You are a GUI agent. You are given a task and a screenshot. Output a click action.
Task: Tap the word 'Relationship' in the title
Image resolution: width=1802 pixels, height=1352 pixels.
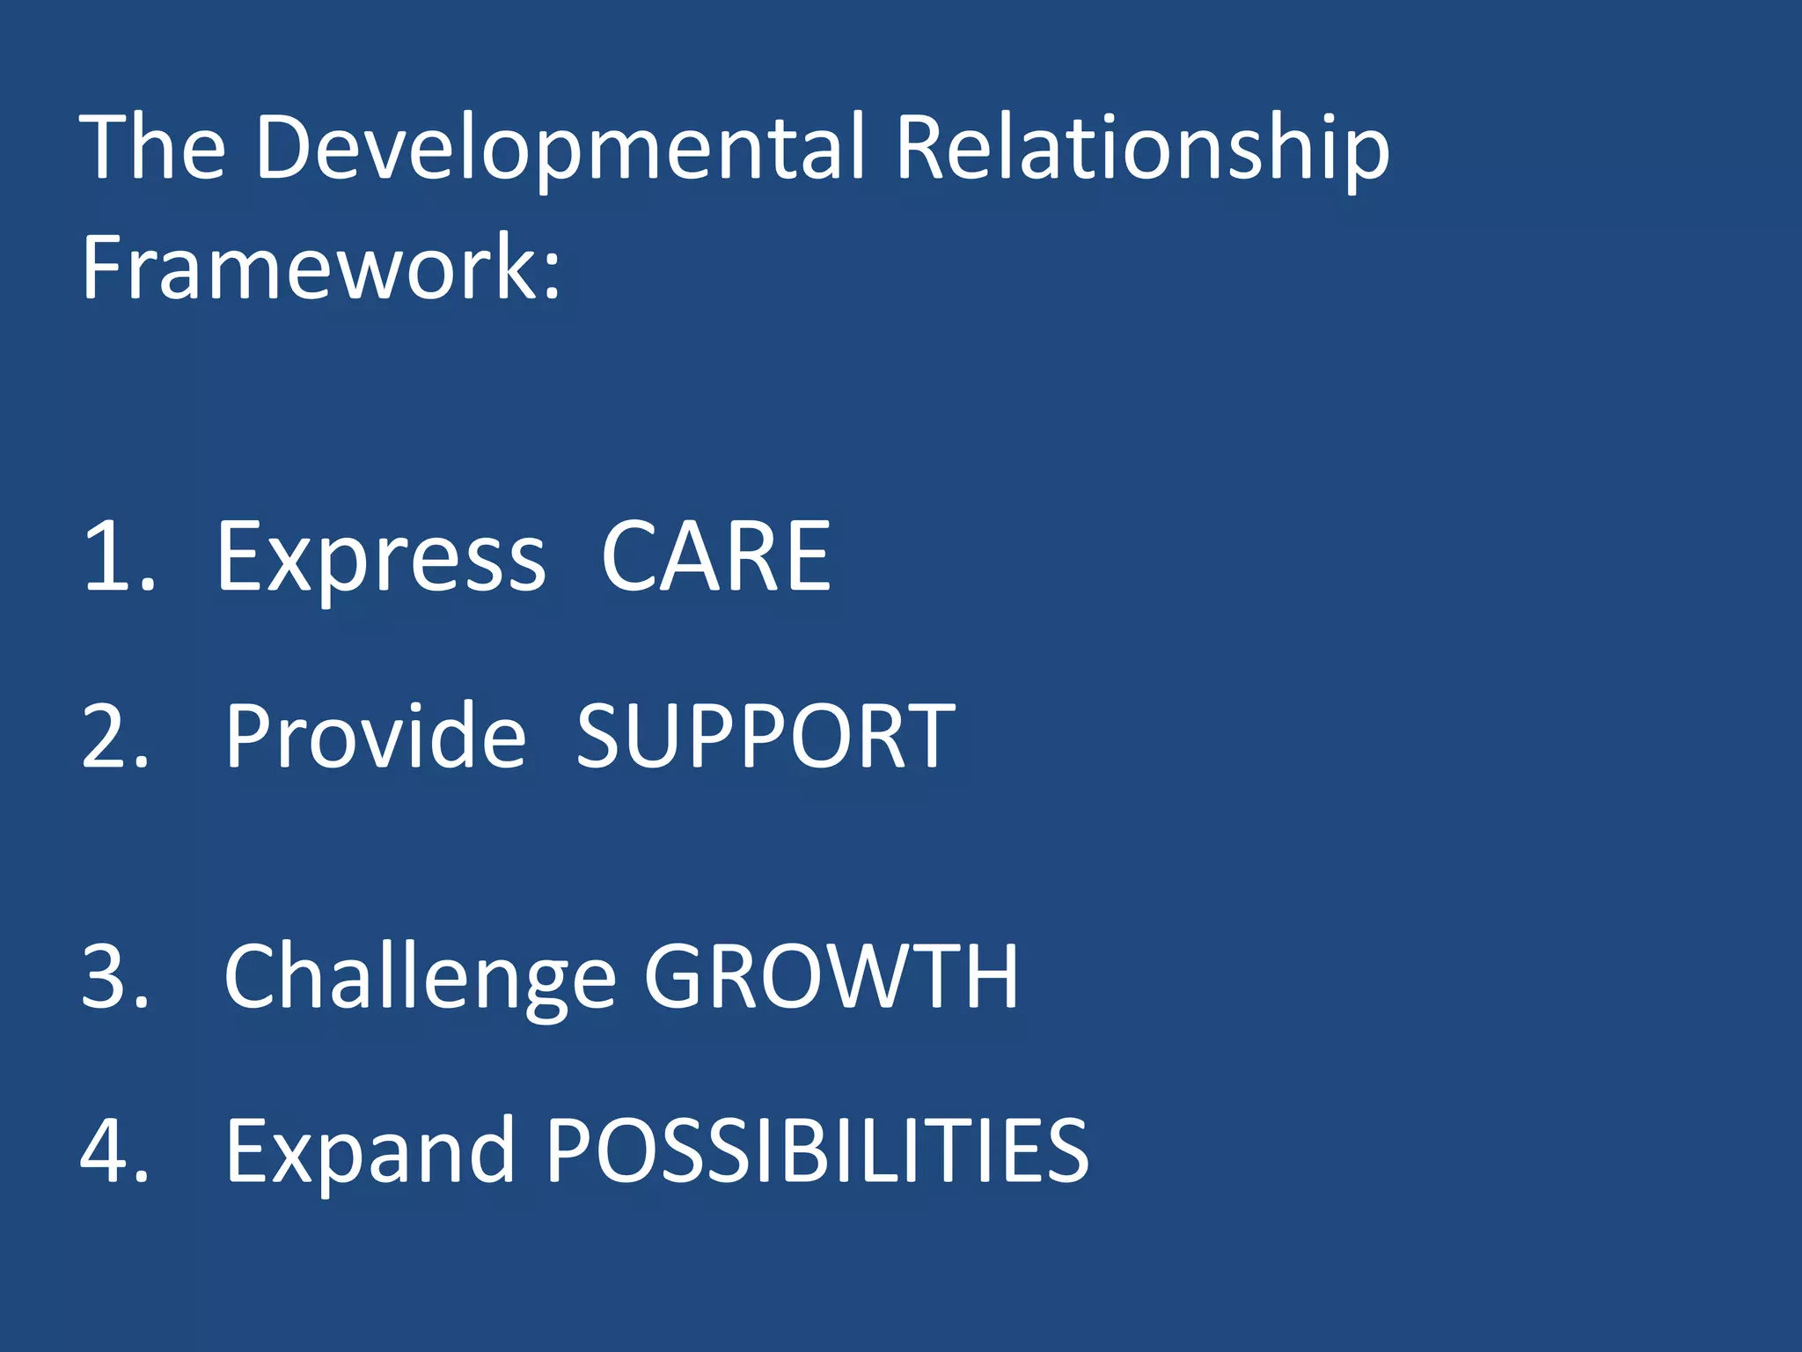pos(1142,150)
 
